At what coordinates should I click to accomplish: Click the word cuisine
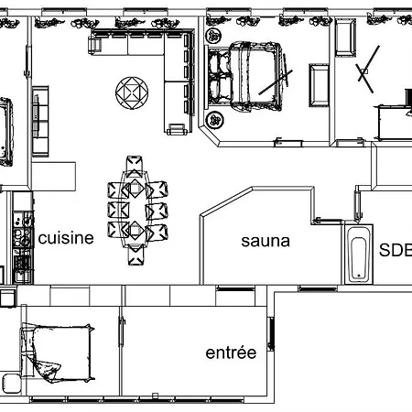[x=66, y=239]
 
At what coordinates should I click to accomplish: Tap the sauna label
[x=266, y=242]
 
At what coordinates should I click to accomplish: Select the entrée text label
[x=231, y=352]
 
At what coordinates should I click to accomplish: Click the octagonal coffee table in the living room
[x=132, y=92]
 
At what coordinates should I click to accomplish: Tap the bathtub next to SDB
[x=357, y=255]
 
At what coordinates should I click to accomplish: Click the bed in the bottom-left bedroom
[x=60, y=352]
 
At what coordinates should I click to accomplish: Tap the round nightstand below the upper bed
[x=220, y=119]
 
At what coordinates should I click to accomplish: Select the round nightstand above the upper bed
[x=216, y=36]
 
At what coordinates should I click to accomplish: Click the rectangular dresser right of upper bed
[x=320, y=86]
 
